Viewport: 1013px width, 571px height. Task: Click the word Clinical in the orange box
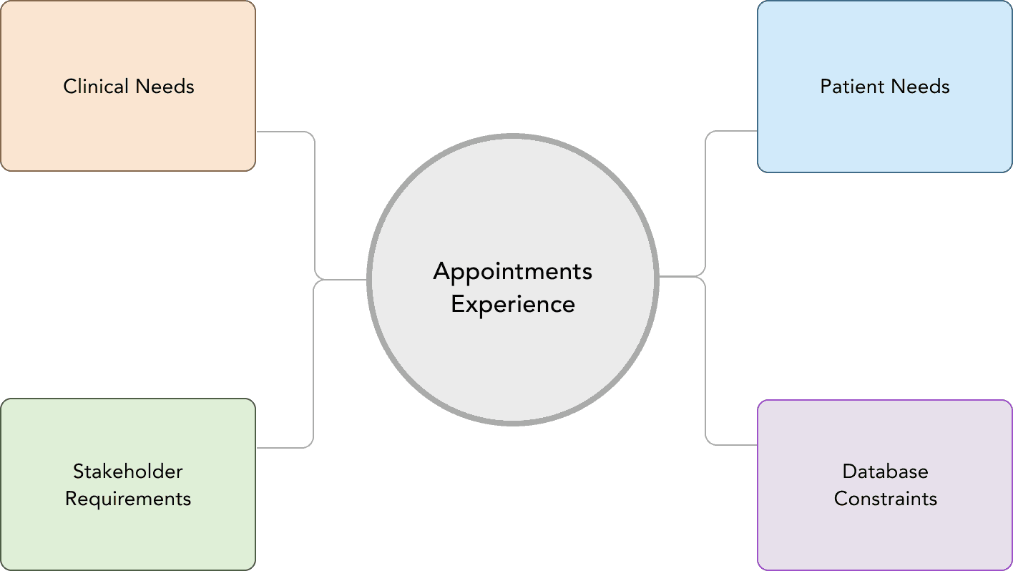[96, 87]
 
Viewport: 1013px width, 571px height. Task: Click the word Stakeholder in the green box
[128, 472]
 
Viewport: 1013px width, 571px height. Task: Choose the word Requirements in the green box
[128, 499]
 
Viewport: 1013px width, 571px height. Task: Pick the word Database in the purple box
[885, 472]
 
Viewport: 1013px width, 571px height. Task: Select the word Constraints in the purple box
[885, 499]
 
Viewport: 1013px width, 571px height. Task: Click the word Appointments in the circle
[513, 272]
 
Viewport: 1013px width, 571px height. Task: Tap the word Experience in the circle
[513, 304]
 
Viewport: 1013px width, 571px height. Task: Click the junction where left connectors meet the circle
[343, 279]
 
